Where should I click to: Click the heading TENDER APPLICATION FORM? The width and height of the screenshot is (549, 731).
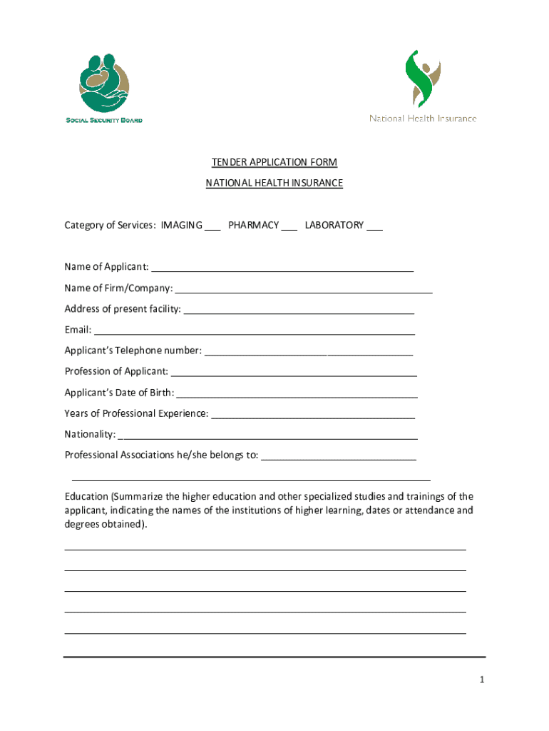click(x=274, y=163)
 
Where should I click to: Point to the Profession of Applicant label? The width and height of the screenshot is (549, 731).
click(x=116, y=371)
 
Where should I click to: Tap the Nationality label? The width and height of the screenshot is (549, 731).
click(x=90, y=434)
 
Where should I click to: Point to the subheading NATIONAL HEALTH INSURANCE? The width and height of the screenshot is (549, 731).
click(x=274, y=183)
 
